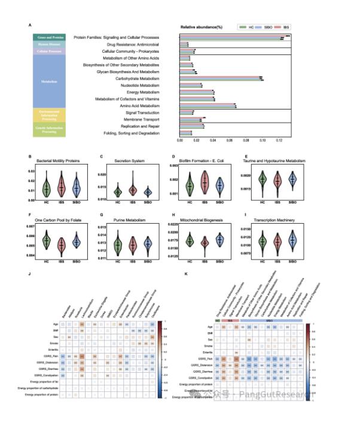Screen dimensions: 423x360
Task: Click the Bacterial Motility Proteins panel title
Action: click(x=57, y=160)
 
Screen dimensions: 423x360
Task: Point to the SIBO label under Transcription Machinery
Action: click(x=292, y=260)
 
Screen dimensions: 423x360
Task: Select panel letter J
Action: click(x=30, y=275)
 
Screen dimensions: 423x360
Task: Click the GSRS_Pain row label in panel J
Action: click(x=53, y=357)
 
